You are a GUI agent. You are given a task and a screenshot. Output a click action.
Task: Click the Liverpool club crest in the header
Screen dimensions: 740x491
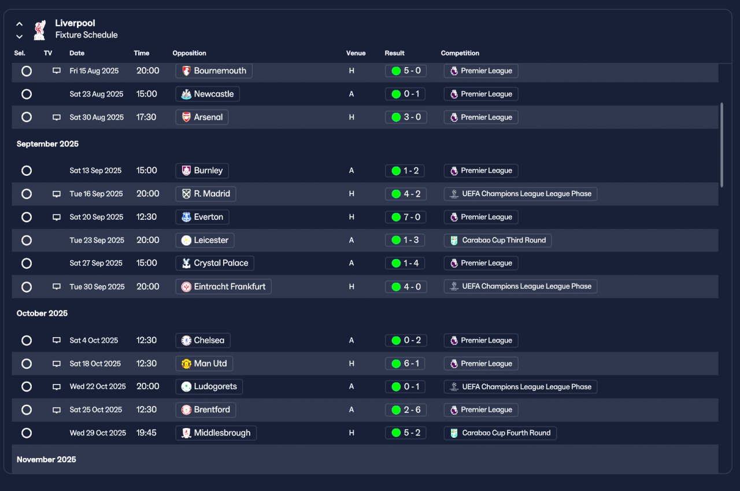(x=40, y=30)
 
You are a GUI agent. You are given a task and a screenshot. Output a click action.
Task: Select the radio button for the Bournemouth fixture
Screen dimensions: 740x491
(x=27, y=71)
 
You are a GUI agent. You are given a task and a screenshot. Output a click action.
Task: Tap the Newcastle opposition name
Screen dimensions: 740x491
(x=214, y=94)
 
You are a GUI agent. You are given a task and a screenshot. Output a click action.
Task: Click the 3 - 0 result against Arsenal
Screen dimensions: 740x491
(x=406, y=117)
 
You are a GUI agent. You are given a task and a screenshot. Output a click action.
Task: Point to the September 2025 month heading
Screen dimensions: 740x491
(x=47, y=144)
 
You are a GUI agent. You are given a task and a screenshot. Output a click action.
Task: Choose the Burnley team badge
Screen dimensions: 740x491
(x=186, y=171)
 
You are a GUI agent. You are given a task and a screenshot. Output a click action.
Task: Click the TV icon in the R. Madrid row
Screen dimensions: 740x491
(x=57, y=194)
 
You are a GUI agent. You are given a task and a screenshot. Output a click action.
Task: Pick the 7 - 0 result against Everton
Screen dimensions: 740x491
(x=405, y=217)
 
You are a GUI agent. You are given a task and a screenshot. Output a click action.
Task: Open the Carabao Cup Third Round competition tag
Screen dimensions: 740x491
(x=498, y=240)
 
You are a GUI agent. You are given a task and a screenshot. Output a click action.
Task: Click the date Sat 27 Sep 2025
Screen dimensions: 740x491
(x=96, y=263)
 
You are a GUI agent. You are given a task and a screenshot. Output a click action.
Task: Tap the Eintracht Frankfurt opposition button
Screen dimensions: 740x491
(x=223, y=286)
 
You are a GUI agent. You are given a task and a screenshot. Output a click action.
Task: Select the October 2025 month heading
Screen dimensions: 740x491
(x=42, y=313)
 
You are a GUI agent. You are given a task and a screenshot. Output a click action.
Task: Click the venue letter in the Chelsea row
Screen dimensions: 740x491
(x=351, y=340)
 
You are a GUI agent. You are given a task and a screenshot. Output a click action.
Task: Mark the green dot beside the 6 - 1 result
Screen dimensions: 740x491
(x=396, y=364)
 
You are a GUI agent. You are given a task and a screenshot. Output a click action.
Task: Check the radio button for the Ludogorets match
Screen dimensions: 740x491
(x=27, y=386)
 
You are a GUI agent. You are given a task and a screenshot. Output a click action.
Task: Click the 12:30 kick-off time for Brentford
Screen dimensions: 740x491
(x=146, y=409)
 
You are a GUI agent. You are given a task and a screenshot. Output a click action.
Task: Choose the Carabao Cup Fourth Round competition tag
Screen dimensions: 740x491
(x=500, y=433)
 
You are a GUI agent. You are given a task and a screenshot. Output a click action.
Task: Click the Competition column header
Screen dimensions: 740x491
(x=460, y=53)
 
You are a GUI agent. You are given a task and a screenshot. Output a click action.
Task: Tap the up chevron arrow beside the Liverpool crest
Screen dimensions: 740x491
(x=20, y=24)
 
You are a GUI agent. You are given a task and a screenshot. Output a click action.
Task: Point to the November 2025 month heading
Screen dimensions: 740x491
(x=46, y=460)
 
